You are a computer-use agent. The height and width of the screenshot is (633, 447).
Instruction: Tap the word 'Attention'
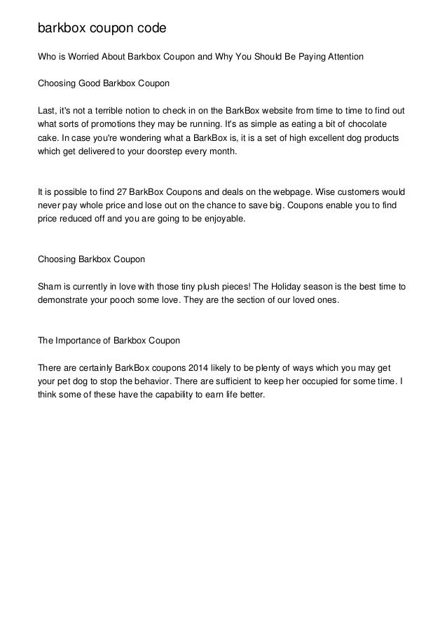[340, 55]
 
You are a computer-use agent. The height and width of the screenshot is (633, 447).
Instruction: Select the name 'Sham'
[48, 287]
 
